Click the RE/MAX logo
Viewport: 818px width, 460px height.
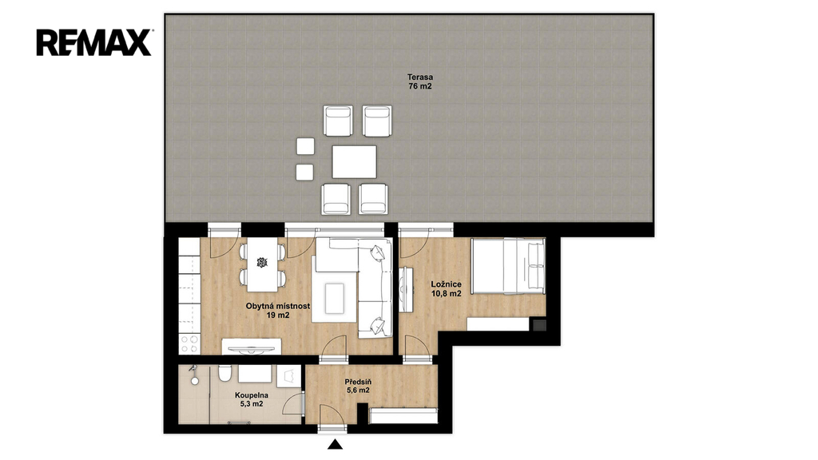click(94, 42)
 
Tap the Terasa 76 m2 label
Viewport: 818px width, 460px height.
click(420, 82)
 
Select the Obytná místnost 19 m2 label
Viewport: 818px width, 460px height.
click(278, 311)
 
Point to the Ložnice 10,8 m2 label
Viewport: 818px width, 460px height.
click(446, 289)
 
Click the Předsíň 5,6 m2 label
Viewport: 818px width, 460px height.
click(357, 386)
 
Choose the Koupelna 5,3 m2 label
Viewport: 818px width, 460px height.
click(252, 399)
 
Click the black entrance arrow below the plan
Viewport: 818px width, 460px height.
click(335, 444)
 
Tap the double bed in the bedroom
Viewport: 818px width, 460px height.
click(508, 266)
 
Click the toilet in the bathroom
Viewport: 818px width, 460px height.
click(224, 373)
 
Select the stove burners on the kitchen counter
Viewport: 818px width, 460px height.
click(189, 343)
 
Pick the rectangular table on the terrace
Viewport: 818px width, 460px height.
click(354, 161)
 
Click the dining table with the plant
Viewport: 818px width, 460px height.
click(262, 265)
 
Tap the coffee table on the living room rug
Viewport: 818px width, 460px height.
click(335, 299)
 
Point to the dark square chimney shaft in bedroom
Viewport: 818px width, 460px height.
click(539, 325)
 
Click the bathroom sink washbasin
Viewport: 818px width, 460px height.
click(255, 374)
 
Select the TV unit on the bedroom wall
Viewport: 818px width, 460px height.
click(405, 290)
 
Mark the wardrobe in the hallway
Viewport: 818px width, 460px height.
click(403, 415)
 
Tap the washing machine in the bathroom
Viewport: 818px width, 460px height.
click(288, 376)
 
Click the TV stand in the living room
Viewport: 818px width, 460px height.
click(252, 347)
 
